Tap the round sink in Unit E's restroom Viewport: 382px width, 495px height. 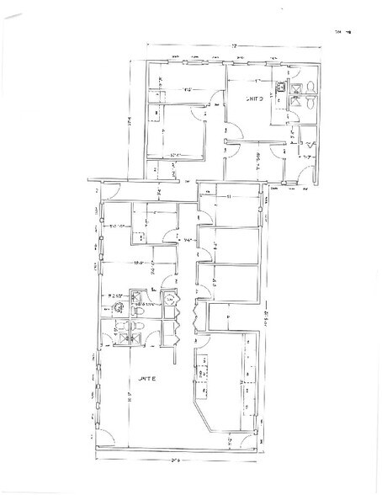(x=117, y=306)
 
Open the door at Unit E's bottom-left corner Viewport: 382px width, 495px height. (x=104, y=439)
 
